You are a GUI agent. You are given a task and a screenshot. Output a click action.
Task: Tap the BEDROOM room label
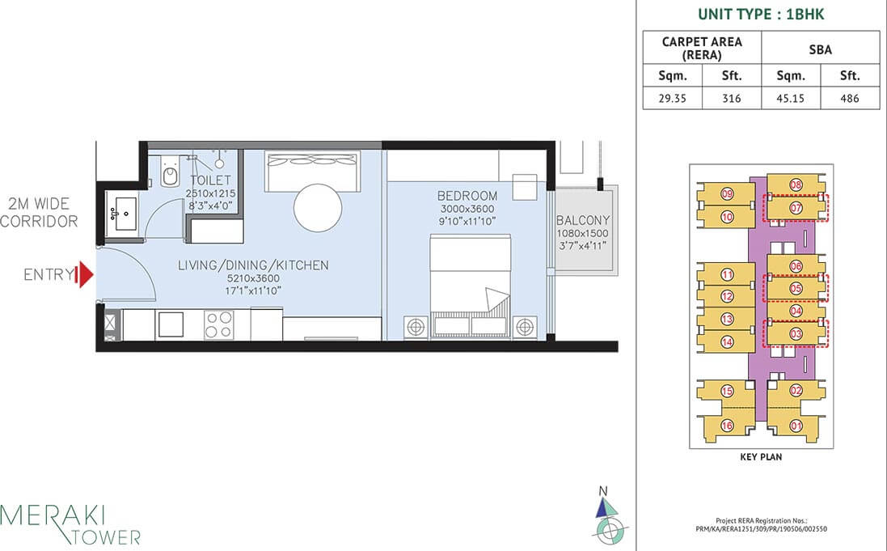tap(467, 196)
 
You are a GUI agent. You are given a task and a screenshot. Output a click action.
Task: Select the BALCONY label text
tap(583, 220)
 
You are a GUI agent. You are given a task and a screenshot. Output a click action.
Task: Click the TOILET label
tap(210, 180)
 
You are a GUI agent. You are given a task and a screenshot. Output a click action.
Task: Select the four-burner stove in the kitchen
tap(218, 324)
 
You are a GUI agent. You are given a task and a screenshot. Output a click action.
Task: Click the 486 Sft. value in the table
tap(849, 98)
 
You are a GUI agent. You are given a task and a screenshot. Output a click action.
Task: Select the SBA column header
tap(820, 49)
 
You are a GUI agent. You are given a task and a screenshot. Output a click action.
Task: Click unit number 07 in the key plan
tap(796, 208)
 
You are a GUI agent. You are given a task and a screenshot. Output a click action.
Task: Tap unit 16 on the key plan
tap(727, 426)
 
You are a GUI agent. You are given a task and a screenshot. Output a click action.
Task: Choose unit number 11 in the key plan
tap(727, 274)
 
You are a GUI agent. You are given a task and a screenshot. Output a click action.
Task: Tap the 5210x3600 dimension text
tap(253, 278)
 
